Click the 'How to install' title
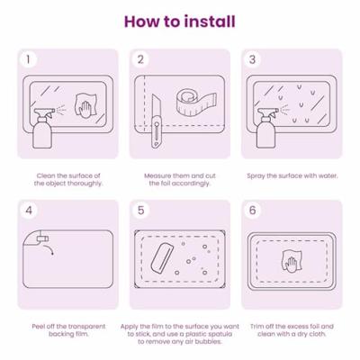(180, 22)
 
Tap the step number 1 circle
(28, 59)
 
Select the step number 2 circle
(140, 59)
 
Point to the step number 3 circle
(252, 59)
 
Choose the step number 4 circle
(29, 210)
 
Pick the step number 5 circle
(140, 210)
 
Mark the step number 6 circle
(253, 210)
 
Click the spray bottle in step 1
(42, 128)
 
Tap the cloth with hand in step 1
(85, 105)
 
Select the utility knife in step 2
(156, 121)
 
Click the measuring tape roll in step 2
(195, 101)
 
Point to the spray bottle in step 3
(266, 128)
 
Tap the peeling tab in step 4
(42, 238)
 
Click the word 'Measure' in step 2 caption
(157, 175)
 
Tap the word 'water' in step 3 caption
(328, 175)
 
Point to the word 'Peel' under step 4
(38, 327)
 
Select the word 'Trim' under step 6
(256, 327)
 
